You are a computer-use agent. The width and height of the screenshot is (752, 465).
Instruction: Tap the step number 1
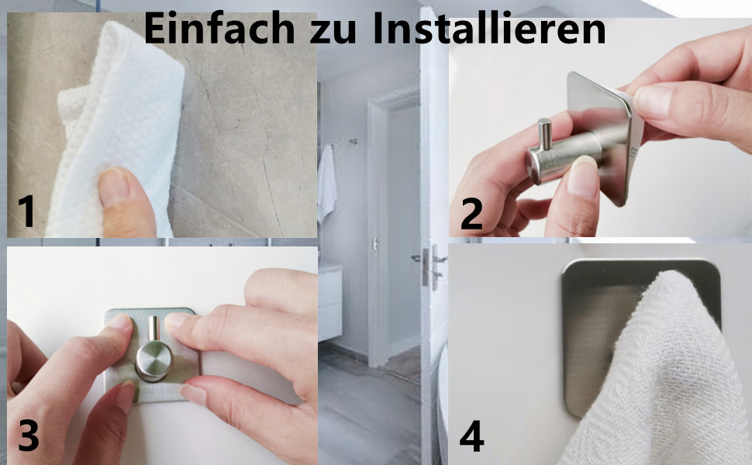pyautogui.click(x=27, y=211)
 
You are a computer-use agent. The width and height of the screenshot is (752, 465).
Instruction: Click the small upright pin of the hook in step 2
pyautogui.click(x=544, y=134)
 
